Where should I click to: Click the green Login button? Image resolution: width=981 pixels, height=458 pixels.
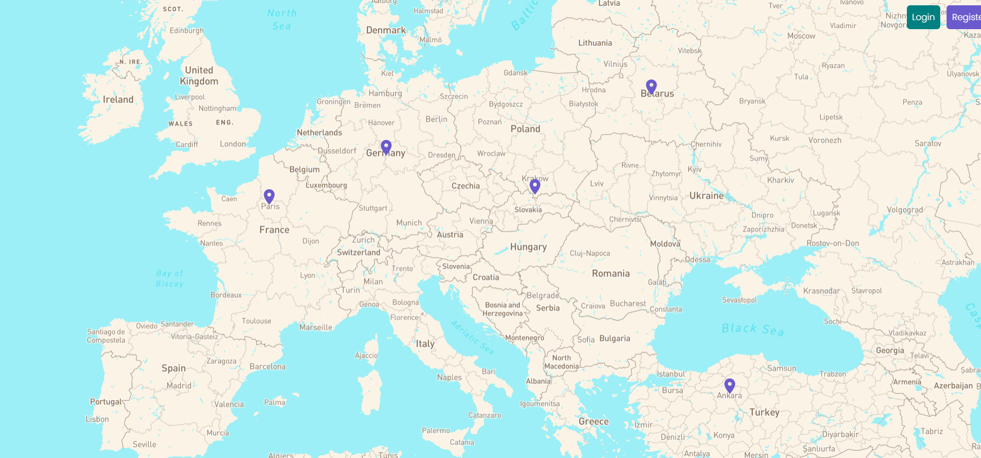[x=923, y=17]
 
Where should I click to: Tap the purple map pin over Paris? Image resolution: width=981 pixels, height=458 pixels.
[x=269, y=196]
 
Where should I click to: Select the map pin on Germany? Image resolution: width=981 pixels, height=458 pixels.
[x=386, y=147]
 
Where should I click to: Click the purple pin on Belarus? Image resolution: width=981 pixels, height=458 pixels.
[x=651, y=86]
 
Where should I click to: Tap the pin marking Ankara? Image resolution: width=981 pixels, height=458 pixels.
[x=730, y=385]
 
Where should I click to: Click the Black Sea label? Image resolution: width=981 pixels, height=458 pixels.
[x=752, y=329]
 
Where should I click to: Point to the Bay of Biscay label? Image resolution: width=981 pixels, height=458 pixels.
[x=169, y=278]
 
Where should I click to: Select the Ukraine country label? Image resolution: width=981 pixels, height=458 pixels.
[x=706, y=196]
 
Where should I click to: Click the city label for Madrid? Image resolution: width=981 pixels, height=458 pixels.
[x=179, y=386]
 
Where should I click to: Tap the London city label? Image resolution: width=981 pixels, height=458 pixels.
[x=233, y=144]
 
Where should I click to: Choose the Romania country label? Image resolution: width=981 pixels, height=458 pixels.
[x=610, y=274]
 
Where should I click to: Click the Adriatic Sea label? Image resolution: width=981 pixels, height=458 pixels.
[x=472, y=337]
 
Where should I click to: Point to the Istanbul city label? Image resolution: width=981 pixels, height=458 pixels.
[x=671, y=374]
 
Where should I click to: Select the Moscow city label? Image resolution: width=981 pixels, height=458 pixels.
[x=801, y=36]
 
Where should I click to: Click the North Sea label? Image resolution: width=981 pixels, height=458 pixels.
[x=282, y=20]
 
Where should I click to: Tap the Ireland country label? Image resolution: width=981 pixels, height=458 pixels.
[x=118, y=100]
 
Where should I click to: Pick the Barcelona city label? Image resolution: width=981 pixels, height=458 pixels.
[x=267, y=366]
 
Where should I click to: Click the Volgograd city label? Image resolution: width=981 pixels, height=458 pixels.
[x=905, y=210]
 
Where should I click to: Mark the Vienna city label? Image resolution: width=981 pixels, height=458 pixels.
[x=481, y=221]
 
